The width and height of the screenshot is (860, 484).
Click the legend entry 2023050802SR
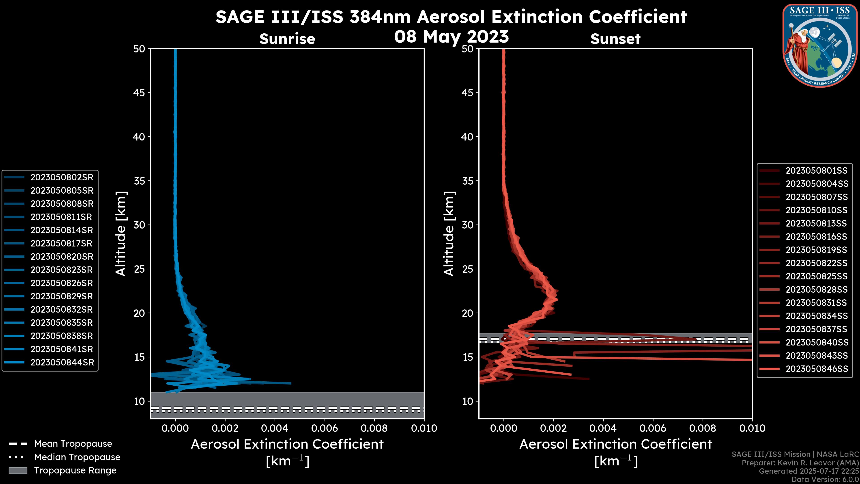62,177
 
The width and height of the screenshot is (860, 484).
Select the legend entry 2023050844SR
62,362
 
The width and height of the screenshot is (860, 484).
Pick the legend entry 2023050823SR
62,270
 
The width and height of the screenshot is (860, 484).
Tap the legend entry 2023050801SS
816,171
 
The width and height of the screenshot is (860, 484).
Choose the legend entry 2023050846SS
817,369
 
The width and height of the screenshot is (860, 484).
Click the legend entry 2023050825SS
816,276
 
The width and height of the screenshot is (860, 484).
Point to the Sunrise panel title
287,39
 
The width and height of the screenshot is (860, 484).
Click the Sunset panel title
615,39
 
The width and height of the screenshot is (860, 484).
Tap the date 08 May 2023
451,36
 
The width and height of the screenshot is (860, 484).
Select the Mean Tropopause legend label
73,444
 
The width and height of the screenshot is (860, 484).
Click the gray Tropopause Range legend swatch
18,470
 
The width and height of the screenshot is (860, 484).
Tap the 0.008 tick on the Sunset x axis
703,428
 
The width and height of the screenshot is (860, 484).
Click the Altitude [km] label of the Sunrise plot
121,234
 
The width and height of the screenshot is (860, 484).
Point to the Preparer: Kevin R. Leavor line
800,463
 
